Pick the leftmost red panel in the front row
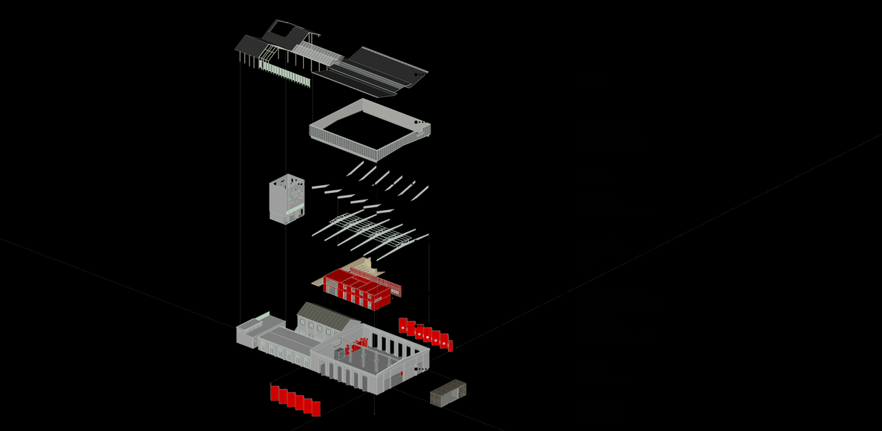(x=274, y=393)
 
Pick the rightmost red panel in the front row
(x=316, y=408)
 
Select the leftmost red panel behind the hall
(x=403, y=325)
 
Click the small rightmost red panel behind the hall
(x=451, y=346)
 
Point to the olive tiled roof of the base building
(x=322, y=316)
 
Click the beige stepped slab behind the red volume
(x=363, y=267)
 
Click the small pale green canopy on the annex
(x=263, y=316)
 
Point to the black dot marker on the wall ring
(x=416, y=123)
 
